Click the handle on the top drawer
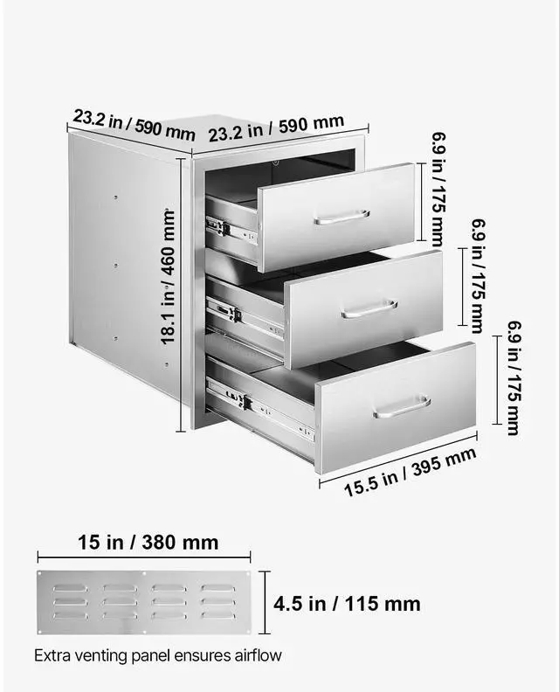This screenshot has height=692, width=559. (x=342, y=217)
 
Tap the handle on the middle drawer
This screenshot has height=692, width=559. (x=369, y=308)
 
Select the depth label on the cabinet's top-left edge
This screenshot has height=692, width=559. (x=133, y=123)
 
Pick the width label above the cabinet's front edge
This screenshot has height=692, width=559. (x=275, y=128)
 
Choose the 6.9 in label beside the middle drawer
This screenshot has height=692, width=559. (x=477, y=274)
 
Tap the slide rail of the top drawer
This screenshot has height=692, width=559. (x=231, y=229)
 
